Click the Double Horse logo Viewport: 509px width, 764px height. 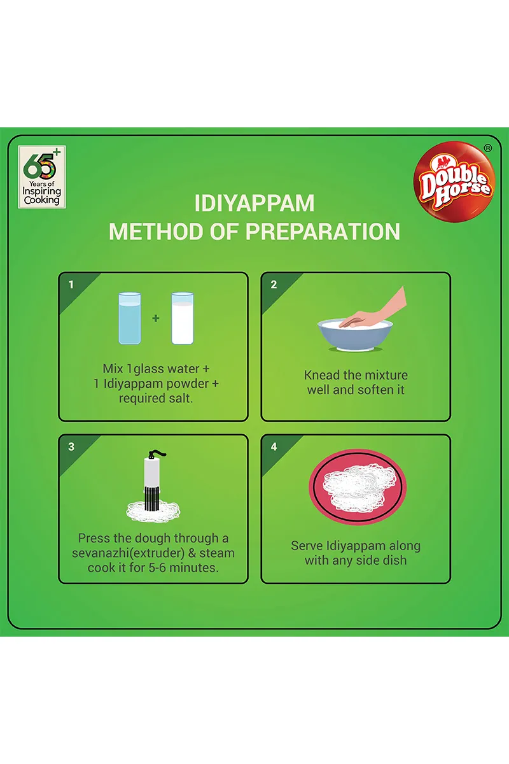[x=454, y=181]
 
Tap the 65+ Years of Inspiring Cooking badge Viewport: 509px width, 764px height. [x=42, y=177]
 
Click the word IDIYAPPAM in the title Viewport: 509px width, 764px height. [x=254, y=203]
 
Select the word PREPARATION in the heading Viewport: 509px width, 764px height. [x=323, y=232]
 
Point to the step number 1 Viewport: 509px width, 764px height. [x=71, y=285]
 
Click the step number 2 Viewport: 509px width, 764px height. [x=274, y=285]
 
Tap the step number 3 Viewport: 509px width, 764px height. [x=71, y=447]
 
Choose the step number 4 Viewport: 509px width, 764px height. [x=274, y=447]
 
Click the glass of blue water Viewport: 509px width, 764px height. [x=130, y=318]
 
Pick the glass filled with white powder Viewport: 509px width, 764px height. [x=183, y=318]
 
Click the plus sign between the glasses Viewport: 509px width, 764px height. [x=156, y=318]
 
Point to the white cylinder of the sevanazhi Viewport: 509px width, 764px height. [x=152, y=472]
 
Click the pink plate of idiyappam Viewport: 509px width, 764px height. [x=358, y=486]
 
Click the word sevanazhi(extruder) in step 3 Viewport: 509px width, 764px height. [x=128, y=553]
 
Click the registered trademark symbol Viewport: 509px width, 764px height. [x=488, y=148]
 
